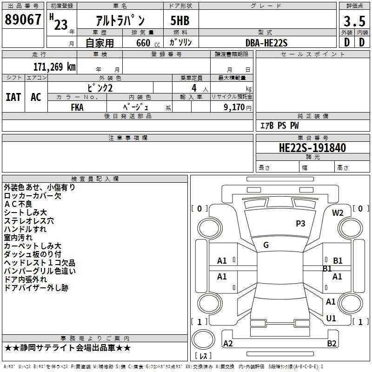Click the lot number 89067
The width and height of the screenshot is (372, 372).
(x=23, y=20)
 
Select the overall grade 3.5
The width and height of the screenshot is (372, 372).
(x=354, y=21)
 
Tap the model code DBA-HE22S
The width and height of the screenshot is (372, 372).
(x=266, y=43)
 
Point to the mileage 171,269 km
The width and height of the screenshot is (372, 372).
(x=54, y=67)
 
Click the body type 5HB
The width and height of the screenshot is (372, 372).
(x=180, y=20)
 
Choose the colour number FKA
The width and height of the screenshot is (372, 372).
(x=77, y=107)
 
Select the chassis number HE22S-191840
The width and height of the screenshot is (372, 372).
(x=312, y=148)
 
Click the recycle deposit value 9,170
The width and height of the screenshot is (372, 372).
(x=234, y=107)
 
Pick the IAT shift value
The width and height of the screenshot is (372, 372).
(x=13, y=97)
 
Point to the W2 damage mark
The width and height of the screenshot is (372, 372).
(x=338, y=213)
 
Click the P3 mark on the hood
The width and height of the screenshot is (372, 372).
(x=300, y=224)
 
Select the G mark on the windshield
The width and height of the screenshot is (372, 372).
(x=266, y=245)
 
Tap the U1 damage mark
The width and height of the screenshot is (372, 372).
(x=331, y=318)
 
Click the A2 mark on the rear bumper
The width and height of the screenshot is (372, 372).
(x=228, y=343)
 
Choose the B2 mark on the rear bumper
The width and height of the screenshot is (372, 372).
(x=332, y=343)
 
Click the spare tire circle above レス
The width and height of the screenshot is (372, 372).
(x=203, y=339)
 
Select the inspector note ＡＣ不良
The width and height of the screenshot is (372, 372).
(x=18, y=204)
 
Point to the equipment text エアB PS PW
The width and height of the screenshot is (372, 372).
(x=279, y=126)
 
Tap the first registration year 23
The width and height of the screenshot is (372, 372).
(x=61, y=25)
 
